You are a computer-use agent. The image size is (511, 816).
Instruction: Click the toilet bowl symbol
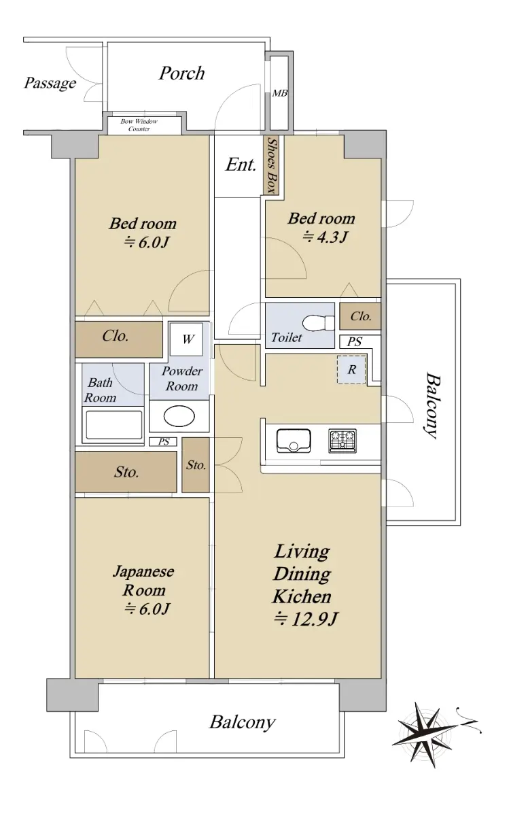point(318,323)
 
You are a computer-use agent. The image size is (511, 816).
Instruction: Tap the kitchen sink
point(294,441)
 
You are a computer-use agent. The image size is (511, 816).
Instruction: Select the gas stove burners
point(342,441)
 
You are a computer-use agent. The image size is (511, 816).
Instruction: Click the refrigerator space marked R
point(351,370)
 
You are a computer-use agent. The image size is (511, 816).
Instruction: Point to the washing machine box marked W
point(186,339)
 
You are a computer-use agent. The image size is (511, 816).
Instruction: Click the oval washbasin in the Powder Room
point(179,416)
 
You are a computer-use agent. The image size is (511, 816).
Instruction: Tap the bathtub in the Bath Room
point(113,425)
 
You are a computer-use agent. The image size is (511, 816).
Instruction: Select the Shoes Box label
point(272,166)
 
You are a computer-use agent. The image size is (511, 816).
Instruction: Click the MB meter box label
point(279,93)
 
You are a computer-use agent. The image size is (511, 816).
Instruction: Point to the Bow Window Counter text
point(139,125)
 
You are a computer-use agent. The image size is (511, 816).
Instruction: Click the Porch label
point(181,73)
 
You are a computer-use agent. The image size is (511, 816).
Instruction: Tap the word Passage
point(50,84)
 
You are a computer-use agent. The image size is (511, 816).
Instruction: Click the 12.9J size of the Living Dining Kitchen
point(306,619)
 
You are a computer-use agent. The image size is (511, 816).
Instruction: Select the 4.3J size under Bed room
point(325,237)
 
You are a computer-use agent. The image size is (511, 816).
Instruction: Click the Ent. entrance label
point(241,165)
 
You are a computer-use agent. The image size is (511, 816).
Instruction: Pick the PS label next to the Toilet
point(354,341)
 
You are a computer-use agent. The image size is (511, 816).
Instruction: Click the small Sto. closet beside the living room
point(196,465)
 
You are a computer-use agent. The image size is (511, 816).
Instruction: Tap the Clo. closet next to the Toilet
point(360,316)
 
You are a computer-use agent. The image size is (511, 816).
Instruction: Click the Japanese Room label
point(144,581)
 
